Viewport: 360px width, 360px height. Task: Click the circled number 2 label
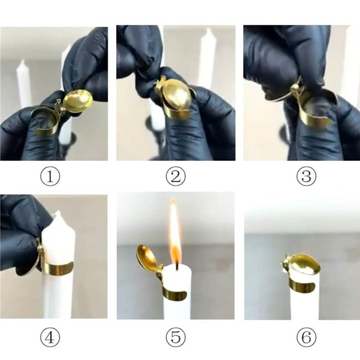tap(175, 176)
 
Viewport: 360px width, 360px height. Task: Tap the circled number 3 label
tap(306, 176)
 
